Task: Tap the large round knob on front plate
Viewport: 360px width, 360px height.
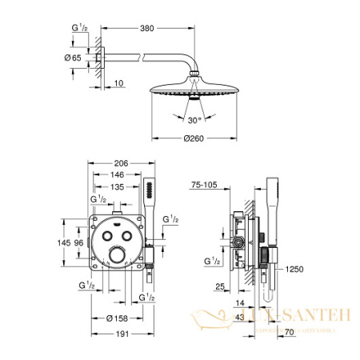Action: click(x=118, y=257)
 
